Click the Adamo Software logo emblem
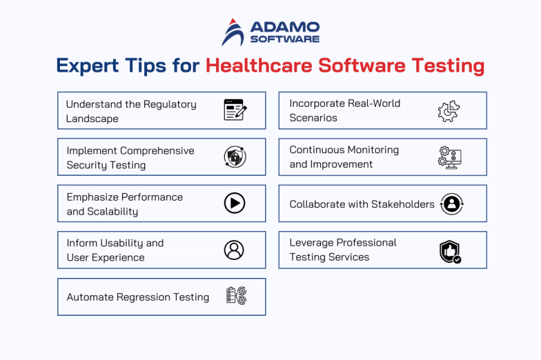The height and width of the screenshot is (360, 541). tap(233, 32)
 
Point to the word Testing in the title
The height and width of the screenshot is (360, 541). tap(448, 66)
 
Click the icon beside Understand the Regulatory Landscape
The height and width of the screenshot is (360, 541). tap(235, 110)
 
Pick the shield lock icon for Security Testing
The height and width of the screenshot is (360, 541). tap(235, 157)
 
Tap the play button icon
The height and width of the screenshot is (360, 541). tap(235, 203)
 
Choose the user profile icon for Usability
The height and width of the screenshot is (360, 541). tap(234, 250)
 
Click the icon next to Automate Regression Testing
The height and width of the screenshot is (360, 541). tap(236, 297)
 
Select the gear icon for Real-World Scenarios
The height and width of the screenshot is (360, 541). tap(449, 111)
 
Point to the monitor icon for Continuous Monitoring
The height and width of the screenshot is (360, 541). tap(449, 157)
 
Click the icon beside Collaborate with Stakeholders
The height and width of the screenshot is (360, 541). tap(451, 203)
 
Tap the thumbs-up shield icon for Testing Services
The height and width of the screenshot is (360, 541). tap(450, 251)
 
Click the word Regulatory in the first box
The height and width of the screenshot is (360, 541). tap(170, 104)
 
